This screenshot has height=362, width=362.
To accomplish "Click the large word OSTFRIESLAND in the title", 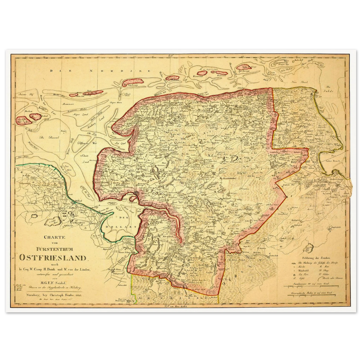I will point(53,257).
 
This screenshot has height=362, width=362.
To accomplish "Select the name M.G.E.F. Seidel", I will point(53,283).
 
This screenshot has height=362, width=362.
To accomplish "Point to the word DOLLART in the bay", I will point(118,227).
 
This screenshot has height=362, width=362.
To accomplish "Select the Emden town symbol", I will point(136,193).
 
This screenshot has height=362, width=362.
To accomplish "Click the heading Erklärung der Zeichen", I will point(316,258).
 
